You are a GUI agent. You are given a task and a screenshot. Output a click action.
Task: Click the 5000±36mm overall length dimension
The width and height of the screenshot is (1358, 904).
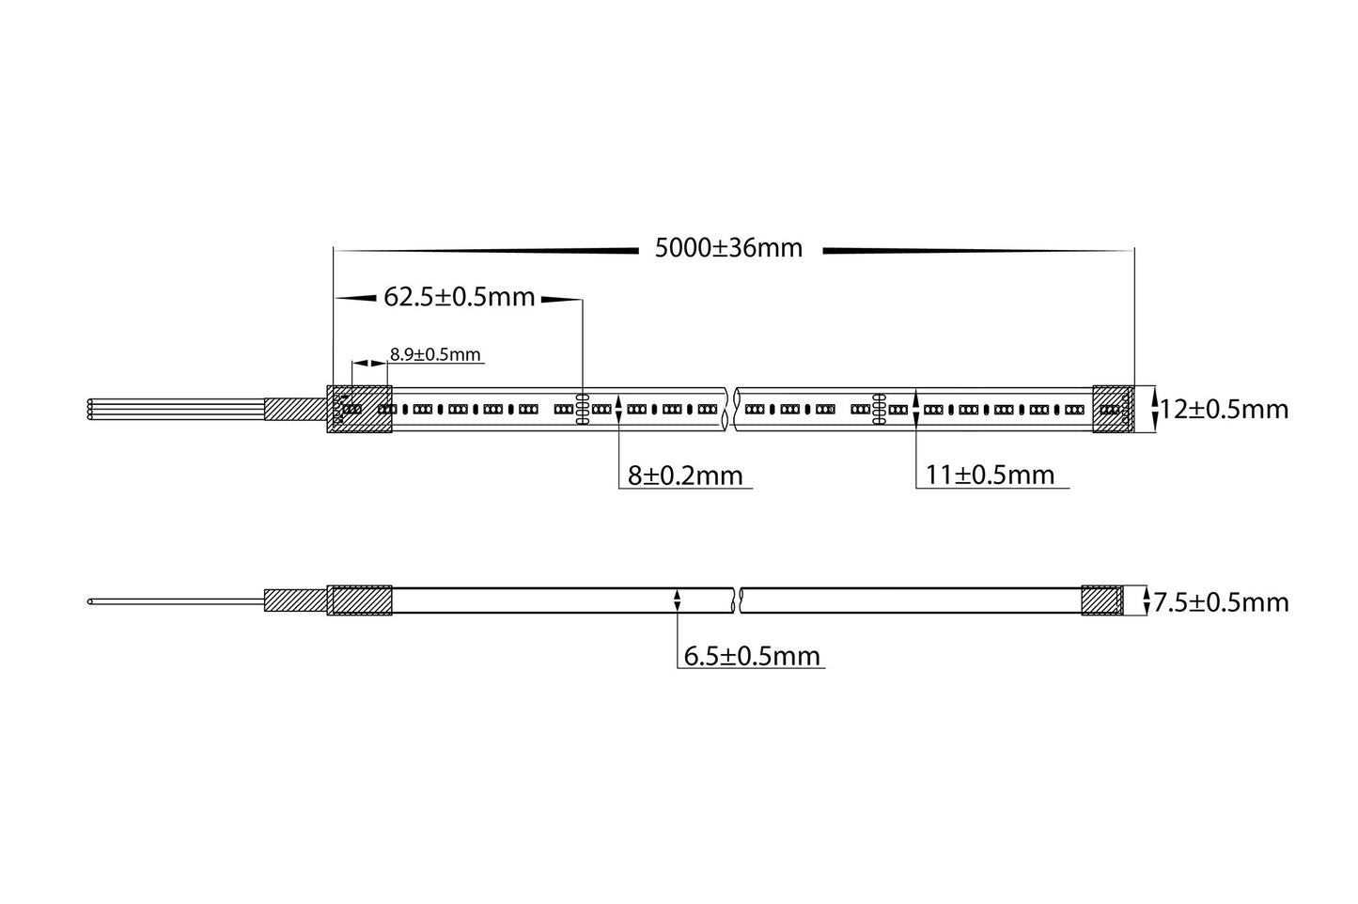click(x=728, y=248)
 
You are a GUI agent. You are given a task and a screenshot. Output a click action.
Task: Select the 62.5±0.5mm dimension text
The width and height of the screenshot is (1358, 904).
click(x=459, y=298)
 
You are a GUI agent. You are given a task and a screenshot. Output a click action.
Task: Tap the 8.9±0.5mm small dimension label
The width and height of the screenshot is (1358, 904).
click(x=435, y=355)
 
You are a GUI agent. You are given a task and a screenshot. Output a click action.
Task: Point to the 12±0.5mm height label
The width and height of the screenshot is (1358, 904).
click(x=1224, y=410)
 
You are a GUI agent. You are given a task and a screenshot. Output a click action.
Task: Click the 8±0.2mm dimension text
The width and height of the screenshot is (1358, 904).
click(x=685, y=475)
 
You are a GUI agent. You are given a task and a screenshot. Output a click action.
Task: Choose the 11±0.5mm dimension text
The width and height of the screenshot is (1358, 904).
click(x=990, y=475)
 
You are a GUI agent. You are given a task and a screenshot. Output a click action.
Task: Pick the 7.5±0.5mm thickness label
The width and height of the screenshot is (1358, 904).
click(x=1221, y=602)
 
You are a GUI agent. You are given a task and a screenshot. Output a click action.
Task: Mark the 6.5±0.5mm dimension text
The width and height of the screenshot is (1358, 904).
click(x=752, y=656)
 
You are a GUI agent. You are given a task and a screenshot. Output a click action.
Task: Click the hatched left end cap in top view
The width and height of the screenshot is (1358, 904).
click(x=359, y=409)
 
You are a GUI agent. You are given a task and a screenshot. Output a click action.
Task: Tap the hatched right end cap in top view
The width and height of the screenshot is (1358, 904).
click(x=1113, y=409)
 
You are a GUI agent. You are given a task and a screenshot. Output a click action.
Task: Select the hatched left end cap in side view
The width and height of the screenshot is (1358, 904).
click(x=359, y=600)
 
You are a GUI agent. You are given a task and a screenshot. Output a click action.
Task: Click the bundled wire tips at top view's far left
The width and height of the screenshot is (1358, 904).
click(x=90, y=409)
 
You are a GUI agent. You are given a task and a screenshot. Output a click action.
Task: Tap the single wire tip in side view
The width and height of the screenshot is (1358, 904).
click(x=90, y=600)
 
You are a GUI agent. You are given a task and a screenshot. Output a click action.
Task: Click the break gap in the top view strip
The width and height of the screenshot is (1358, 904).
click(x=732, y=409)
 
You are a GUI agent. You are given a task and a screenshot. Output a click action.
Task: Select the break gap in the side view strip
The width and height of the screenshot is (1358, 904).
click(x=738, y=600)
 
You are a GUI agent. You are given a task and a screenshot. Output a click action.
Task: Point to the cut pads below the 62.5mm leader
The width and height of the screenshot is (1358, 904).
click(x=582, y=410)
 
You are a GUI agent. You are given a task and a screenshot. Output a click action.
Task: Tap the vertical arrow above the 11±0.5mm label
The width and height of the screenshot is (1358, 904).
click(x=915, y=410)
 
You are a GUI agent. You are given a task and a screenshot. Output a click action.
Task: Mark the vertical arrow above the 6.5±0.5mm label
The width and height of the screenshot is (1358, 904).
click(x=678, y=600)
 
